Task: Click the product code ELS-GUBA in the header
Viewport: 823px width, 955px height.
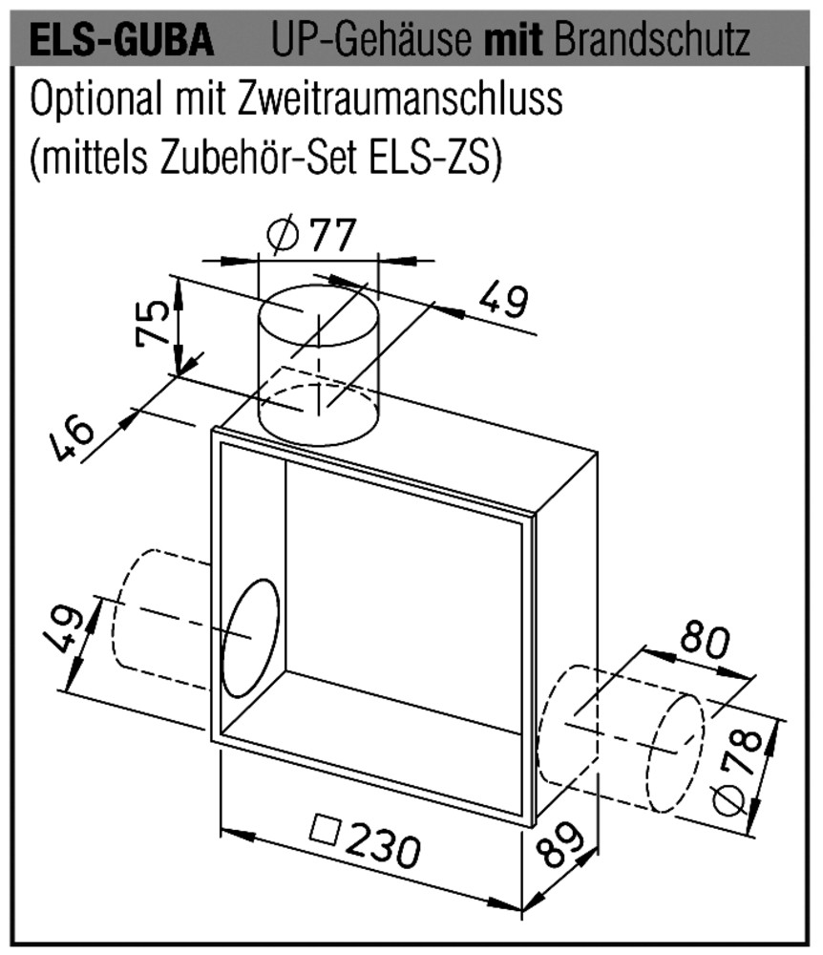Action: (122, 40)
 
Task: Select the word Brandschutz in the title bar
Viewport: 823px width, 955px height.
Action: (652, 39)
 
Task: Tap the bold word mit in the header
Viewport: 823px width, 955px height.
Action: (513, 39)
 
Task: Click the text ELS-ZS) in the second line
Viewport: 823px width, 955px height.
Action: (435, 158)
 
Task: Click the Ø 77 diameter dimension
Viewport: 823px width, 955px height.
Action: (311, 235)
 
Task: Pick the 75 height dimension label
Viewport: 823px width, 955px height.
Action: (153, 323)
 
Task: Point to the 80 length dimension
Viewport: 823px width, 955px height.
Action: (705, 640)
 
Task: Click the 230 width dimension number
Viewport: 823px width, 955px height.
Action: (385, 846)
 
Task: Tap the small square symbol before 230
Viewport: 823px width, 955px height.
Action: (325, 830)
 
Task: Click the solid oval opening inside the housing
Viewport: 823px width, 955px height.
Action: (251, 637)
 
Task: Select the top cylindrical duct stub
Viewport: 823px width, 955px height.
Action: (320, 366)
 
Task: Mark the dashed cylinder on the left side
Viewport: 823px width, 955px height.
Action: (161, 618)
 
